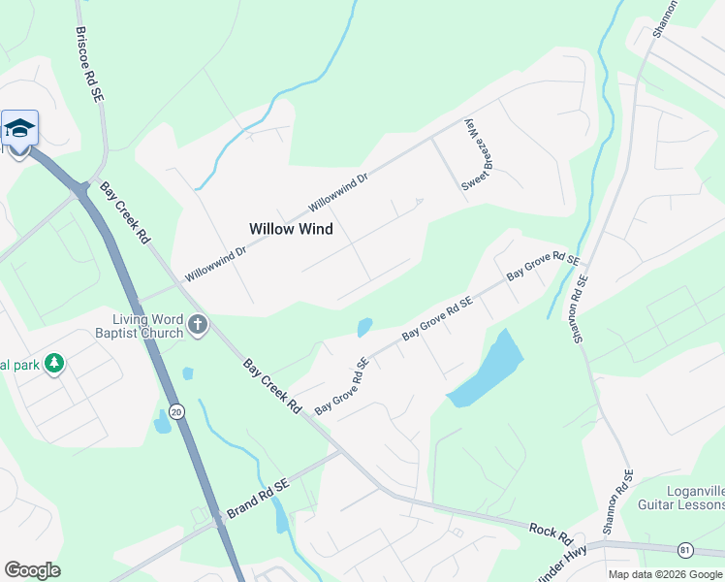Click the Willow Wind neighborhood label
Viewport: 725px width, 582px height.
point(291,229)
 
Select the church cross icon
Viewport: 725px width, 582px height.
point(198,325)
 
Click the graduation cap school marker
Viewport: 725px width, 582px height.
point(19,128)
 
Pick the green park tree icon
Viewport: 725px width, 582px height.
point(55,363)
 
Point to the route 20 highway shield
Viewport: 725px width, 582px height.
point(175,411)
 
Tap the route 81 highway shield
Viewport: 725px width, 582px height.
point(686,550)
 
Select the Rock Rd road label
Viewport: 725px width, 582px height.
point(552,533)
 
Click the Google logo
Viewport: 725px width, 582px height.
point(32,570)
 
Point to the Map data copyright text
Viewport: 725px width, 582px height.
point(665,573)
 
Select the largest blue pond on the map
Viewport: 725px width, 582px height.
point(487,370)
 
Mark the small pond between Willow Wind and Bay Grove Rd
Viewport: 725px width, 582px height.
point(365,328)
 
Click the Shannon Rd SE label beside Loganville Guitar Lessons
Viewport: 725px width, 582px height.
point(616,502)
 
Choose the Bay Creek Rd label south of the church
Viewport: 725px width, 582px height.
point(272,386)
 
